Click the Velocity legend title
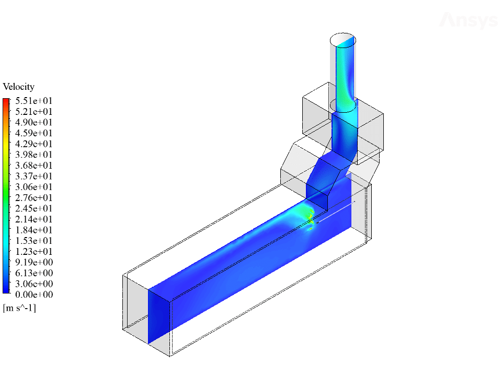pyautogui.click(x=19, y=87)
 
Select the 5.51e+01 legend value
pyautogui.click(x=34, y=101)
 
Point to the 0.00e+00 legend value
pyautogui.click(x=34, y=295)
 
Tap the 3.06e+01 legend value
pyautogui.click(x=34, y=187)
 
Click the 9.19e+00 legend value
pyautogui.click(x=34, y=262)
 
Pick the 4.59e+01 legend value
pyautogui.click(x=34, y=133)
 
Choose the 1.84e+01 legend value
pyautogui.click(x=34, y=230)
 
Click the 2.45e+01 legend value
pyautogui.click(x=34, y=208)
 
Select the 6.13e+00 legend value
pyautogui.click(x=34, y=273)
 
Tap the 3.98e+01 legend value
pyautogui.click(x=34, y=155)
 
